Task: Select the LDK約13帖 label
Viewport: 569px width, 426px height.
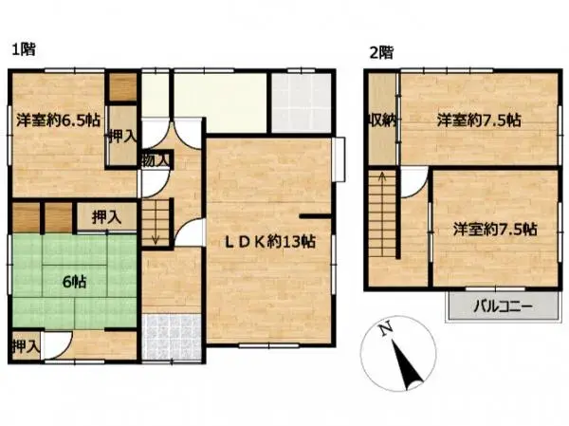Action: (269, 241)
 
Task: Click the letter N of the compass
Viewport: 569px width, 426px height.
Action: (383, 331)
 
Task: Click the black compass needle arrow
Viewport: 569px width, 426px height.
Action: (409, 364)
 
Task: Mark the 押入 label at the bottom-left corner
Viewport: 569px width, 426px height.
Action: (25, 345)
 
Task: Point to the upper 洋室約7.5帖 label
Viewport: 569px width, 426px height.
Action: (478, 120)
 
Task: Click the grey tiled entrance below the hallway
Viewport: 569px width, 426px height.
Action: (171, 335)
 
